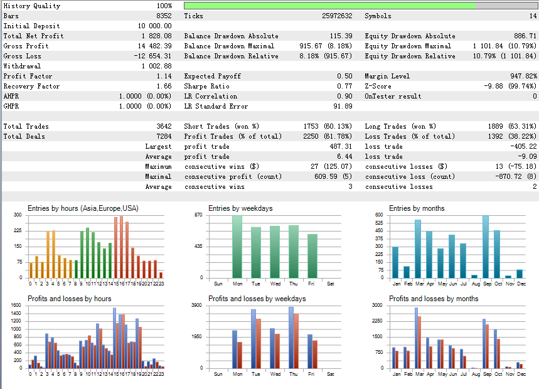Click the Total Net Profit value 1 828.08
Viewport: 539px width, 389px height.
click(x=154, y=36)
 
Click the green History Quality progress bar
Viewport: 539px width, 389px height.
click(x=329, y=6)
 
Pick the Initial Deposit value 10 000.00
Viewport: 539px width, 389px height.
click(x=150, y=26)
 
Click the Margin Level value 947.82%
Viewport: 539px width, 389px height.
click(x=520, y=76)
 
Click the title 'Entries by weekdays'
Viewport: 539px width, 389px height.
click(x=240, y=208)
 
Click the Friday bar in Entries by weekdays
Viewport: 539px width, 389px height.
click(x=312, y=256)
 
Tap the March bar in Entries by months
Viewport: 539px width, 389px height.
click(x=418, y=248)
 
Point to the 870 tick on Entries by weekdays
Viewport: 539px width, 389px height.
click(x=198, y=215)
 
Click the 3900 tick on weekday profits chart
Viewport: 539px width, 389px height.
click(x=196, y=306)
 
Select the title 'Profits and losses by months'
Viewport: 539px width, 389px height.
click(x=434, y=299)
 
